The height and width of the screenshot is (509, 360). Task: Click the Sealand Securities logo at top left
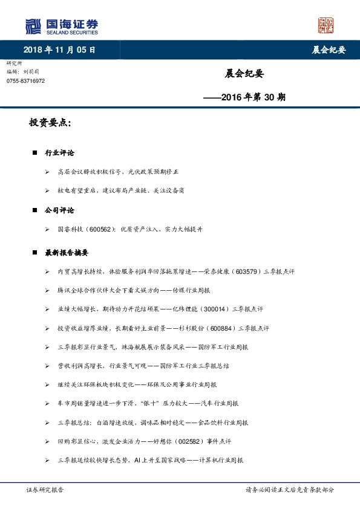tap(61, 26)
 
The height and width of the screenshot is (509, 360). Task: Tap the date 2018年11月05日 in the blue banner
tap(59, 50)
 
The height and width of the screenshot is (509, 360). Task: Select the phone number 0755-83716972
tap(25, 81)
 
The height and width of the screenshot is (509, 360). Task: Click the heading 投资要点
tap(50, 123)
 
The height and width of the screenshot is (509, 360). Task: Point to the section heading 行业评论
tap(59, 154)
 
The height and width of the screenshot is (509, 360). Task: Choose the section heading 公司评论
tap(59, 210)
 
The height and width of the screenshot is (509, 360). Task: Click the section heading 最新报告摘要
tap(67, 253)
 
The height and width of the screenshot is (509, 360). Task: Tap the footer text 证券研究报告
tap(45, 490)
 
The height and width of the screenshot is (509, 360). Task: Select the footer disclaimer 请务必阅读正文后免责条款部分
tap(289, 490)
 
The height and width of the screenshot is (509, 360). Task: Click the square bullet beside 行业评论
tap(35, 154)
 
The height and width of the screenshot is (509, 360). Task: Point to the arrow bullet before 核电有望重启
tap(47, 191)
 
